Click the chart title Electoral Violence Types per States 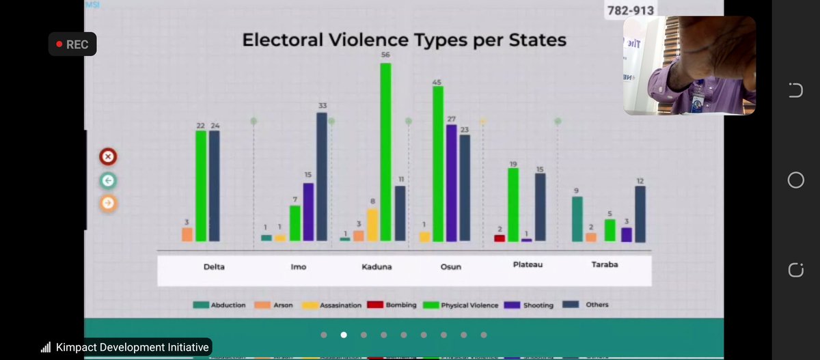click(404, 40)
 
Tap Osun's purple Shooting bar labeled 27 click(451, 182)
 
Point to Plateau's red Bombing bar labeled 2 click(500, 238)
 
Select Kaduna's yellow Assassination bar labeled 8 click(372, 225)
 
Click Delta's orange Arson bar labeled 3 click(187, 234)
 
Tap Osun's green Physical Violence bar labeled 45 click(437, 163)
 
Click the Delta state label click(214, 266)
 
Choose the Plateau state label click(528, 264)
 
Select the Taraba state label click(605, 264)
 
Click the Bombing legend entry click(392, 305)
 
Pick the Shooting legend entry click(530, 305)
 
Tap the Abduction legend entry click(219, 305)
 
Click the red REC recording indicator click(72, 44)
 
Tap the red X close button click(107, 157)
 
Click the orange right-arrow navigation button click(107, 203)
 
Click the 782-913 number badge click(630, 11)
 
